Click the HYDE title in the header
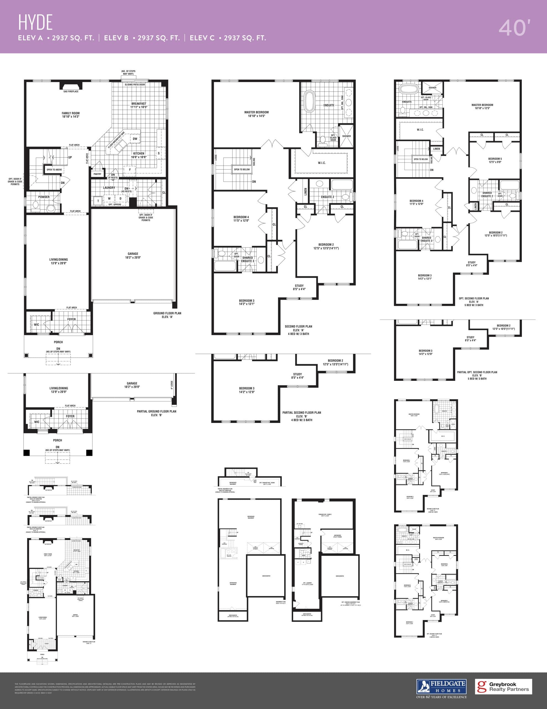pyautogui.click(x=35, y=22)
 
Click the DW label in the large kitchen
pyautogui.click(x=135, y=139)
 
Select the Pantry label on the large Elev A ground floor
pyautogui.click(x=97, y=174)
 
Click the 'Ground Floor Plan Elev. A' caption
pyautogui.click(x=167, y=315)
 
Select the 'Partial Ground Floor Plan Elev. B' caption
pyautogui.click(x=157, y=413)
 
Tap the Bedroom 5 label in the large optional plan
pyautogui.click(x=495, y=160)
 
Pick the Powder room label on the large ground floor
pyautogui.click(x=44, y=197)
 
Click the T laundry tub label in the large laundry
pyautogui.click(x=98, y=201)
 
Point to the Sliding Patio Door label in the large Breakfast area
pyautogui.click(x=135, y=84)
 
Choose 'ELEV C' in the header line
pyautogui.click(x=202, y=38)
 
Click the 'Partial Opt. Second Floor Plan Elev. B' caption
pyautogui.click(x=477, y=375)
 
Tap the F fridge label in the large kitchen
pyautogui.click(x=130, y=169)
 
